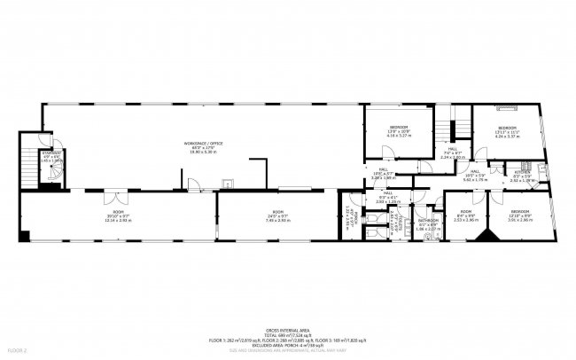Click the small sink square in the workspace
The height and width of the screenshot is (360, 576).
(226, 184)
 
